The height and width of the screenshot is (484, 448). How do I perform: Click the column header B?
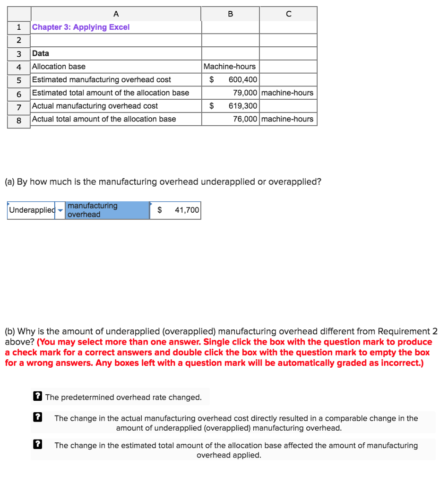[230, 14]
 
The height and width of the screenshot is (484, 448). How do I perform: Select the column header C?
[288, 14]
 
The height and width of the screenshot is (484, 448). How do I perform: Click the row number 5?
[19, 80]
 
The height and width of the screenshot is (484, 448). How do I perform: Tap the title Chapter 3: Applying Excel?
[81, 27]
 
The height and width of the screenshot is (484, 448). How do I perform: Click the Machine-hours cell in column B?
[230, 67]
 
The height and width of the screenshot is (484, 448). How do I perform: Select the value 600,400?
[243, 80]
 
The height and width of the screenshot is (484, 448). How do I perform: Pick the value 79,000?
[245, 93]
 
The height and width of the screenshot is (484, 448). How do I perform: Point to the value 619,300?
[243, 106]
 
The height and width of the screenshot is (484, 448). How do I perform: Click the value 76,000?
[245, 119]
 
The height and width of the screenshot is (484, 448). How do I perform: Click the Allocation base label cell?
[59, 67]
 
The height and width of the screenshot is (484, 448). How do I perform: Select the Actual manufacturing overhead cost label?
[95, 106]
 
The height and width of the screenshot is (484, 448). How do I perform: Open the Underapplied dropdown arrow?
[60, 210]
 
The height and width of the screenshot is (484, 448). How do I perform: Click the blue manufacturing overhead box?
[107, 210]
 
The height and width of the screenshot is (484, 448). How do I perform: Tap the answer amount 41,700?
[187, 210]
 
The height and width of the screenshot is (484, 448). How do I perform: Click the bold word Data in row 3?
[41, 53]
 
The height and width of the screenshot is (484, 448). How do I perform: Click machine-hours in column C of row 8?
[287, 119]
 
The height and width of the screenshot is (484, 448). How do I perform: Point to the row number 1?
[19, 27]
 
